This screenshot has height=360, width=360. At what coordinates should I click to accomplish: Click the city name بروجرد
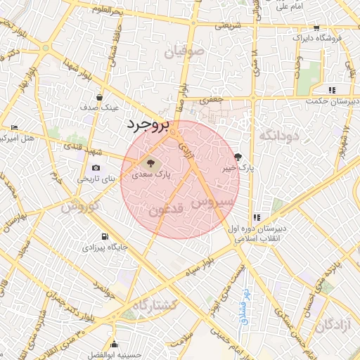click(149, 125)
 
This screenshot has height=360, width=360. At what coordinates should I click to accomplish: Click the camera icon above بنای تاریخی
click(96, 168)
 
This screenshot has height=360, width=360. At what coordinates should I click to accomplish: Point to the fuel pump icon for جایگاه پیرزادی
click(105, 237)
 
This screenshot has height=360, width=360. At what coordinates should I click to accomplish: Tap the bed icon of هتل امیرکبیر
click(15, 127)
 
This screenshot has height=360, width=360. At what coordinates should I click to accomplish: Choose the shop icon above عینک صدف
click(101, 98)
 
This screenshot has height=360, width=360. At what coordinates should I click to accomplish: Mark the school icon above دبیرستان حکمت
click(331, 90)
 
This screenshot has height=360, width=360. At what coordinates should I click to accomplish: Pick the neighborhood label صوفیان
click(186, 52)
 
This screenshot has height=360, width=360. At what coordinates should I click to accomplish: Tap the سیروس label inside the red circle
click(212, 202)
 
